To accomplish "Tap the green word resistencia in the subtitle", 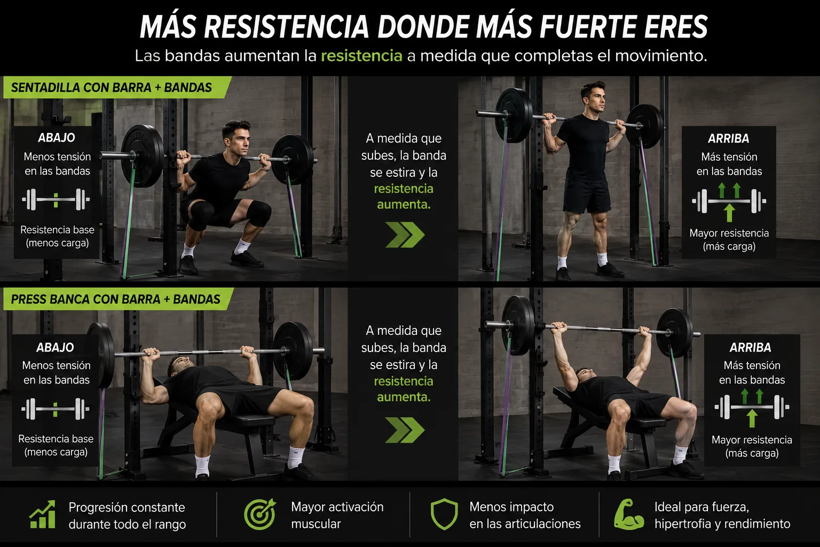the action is point(361,56).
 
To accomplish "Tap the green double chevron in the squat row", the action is point(405,235).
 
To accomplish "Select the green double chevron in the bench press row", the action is point(405,430).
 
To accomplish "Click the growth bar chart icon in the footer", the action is point(43,515).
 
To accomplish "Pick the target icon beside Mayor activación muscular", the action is point(260,514).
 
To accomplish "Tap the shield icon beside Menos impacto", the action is point(444,514).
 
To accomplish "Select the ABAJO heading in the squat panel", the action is point(57,138).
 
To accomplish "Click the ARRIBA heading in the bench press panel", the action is point(750,347).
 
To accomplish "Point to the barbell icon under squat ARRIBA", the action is point(729,201).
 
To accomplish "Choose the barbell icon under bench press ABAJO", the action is point(56,409).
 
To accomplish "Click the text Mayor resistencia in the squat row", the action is point(729,233).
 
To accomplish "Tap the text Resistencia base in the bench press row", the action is point(56,439).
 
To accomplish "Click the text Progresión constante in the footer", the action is point(127,507).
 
